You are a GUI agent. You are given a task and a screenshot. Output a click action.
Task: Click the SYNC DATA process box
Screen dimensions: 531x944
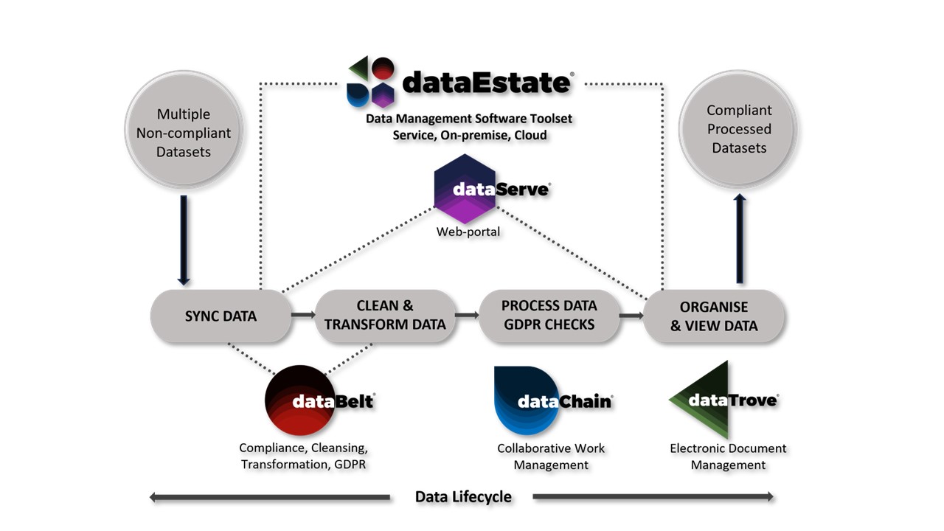point(220,316)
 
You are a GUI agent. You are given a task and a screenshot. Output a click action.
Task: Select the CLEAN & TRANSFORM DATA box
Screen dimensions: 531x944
point(384,316)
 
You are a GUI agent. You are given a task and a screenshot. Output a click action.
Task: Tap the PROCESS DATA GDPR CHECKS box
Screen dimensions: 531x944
point(549,316)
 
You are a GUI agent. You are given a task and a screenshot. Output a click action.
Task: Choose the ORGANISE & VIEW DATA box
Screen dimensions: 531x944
point(713,316)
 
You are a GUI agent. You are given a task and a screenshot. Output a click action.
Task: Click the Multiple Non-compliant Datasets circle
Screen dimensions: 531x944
point(184,133)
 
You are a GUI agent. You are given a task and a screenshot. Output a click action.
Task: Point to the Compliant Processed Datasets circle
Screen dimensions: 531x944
point(738,129)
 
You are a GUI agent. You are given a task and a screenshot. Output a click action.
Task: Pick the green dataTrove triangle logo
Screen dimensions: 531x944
point(701,400)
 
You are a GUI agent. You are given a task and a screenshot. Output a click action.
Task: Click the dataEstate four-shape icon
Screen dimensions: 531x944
point(372,81)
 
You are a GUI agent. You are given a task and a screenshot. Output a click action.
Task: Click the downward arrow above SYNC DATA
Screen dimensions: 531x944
point(184,240)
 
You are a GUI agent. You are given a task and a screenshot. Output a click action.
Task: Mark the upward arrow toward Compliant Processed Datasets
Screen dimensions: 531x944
point(740,238)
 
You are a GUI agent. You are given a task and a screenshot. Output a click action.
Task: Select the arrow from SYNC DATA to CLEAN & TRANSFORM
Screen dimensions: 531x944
point(302,316)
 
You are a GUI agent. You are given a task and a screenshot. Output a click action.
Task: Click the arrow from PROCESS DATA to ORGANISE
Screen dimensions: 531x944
point(631,316)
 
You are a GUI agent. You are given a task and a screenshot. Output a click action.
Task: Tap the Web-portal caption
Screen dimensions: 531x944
point(468,232)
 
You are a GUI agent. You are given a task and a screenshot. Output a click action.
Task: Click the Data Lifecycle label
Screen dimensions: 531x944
point(463,496)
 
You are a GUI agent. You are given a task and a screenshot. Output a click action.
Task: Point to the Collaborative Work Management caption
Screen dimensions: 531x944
point(551,457)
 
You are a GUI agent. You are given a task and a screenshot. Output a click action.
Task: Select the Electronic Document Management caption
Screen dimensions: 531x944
point(728,457)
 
